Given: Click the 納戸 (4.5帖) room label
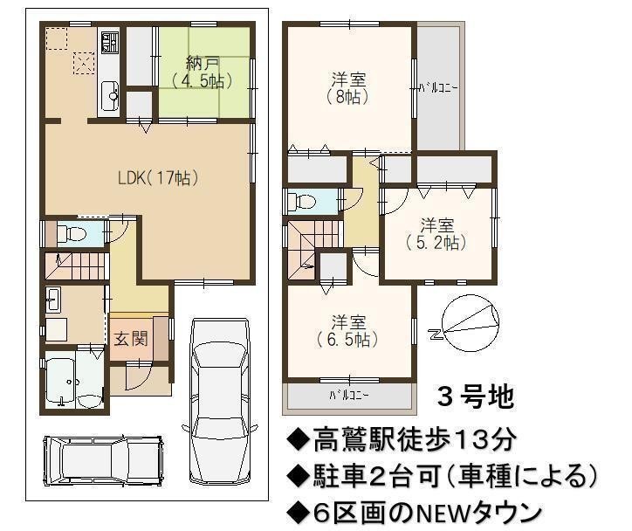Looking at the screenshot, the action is point(203,73).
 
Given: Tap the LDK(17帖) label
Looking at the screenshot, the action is point(158,178).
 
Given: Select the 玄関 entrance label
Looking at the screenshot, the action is point(131,339).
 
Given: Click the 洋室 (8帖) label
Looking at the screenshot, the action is point(349,88).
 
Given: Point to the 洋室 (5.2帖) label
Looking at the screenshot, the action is point(437,234).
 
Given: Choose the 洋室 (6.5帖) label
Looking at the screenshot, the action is point(348,331).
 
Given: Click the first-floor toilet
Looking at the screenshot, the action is point(72,233).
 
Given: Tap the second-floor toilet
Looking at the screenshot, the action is point(302,200).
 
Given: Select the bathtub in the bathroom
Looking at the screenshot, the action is point(60,381).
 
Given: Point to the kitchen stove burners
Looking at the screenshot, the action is point(110,43).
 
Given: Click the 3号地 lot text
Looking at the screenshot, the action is point(476,397).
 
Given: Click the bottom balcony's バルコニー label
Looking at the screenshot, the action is point(349,395).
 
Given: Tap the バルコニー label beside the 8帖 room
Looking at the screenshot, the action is point(438,88).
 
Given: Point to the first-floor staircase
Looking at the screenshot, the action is point(77,266).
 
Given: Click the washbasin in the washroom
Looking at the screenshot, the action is point(52,300).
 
